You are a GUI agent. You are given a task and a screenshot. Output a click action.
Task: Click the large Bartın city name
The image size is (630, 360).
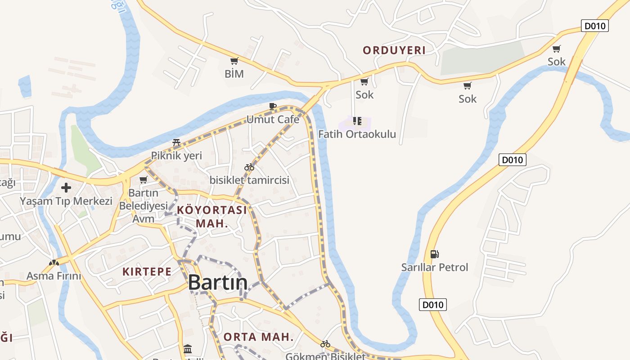click(217, 283)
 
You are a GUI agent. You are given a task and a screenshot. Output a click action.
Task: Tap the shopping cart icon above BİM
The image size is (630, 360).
click(234, 61)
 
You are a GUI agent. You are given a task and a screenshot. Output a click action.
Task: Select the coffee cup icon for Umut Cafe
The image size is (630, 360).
click(272, 107)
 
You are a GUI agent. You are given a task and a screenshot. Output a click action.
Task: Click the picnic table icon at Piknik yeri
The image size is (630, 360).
click(176, 143)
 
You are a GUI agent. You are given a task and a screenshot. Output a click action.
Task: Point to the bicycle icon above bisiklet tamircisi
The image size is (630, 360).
click(249, 167)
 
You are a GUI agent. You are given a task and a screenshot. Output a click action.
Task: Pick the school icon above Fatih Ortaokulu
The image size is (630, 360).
click(357, 121)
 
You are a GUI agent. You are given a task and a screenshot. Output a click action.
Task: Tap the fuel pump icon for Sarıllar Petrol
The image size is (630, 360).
click(434, 254)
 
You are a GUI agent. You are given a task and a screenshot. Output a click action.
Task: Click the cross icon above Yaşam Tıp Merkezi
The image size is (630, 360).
click(66, 187)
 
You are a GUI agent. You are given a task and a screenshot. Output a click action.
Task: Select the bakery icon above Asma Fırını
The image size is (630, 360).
click(54, 262)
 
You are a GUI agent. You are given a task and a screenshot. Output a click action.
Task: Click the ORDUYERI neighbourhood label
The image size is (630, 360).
click(394, 50)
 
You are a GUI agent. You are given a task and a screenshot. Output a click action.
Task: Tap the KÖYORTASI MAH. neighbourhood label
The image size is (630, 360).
click(212, 216)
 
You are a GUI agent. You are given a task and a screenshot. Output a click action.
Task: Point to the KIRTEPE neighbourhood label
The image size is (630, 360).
click(147, 272)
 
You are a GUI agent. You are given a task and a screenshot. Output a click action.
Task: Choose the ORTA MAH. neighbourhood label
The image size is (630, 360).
click(258, 337)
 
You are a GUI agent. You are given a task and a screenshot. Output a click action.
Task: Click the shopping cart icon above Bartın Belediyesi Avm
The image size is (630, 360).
click(143, 180)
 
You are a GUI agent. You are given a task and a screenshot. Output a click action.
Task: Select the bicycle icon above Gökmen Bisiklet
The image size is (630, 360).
click(325, 344)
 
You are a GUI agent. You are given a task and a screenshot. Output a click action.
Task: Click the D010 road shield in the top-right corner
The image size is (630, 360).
click(594, 26)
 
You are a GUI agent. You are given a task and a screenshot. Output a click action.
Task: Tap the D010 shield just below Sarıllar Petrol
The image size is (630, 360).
click(433, 305)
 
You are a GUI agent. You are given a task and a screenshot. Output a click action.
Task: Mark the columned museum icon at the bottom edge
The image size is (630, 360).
click(188, 349)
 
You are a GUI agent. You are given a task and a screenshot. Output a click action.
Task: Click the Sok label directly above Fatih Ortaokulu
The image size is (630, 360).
click(364, 95)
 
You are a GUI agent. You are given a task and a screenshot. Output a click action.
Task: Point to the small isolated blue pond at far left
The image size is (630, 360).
click(25, 86)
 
